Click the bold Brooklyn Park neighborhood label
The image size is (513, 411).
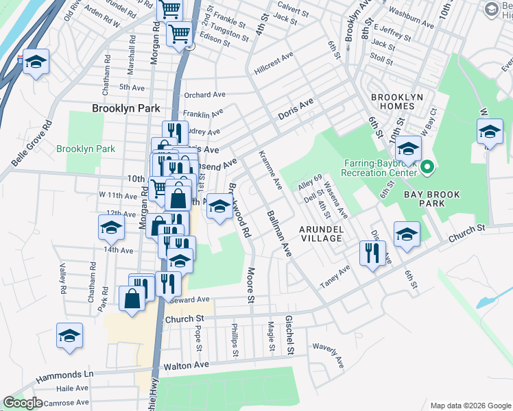click(126, 108)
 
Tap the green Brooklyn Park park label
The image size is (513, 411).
click(86, 149)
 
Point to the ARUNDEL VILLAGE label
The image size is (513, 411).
click(321, 233)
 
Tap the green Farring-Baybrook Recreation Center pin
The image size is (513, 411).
click(427, 166)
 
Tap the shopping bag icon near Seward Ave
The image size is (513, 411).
click(132, 298)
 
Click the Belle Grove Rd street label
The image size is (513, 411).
click(31, 144)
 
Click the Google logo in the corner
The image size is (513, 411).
click(23, 403)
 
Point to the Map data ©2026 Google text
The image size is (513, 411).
click(469, 406)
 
